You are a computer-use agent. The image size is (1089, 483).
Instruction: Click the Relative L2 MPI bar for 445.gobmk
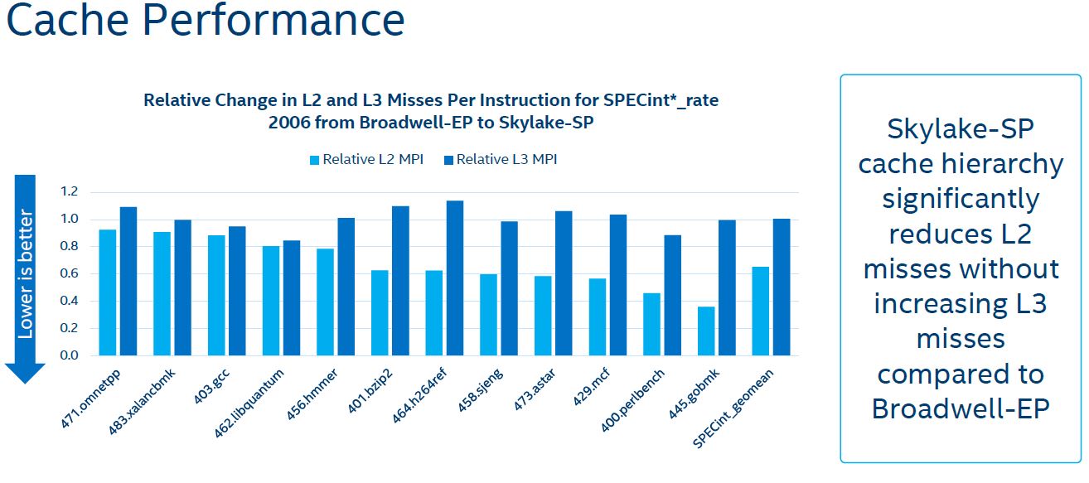706,331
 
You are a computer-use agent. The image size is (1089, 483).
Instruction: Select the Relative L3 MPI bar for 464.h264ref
454,278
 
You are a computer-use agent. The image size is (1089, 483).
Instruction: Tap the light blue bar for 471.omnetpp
108,292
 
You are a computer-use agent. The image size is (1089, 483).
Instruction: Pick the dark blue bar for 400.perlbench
672,295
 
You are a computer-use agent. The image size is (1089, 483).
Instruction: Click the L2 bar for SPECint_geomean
760,311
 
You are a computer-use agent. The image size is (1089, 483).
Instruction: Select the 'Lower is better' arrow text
26,273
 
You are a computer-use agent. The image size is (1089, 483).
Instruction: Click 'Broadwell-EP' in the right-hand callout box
961,409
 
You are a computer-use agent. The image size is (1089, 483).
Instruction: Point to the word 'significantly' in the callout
961,200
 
